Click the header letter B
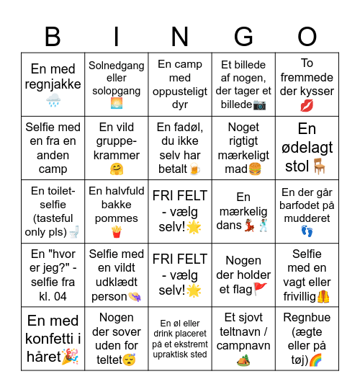coord(53,37)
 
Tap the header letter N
coord(180,37)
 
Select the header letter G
coord(244,37)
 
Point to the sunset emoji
coord(117,104)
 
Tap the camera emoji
coord(260,105)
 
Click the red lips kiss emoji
coord(307,106)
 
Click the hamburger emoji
coord(254,169)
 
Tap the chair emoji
coord(319,166)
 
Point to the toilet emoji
coord(73,232)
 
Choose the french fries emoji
coord(117,232)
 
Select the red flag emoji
coord(260,289)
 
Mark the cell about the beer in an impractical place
coord(180,339)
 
